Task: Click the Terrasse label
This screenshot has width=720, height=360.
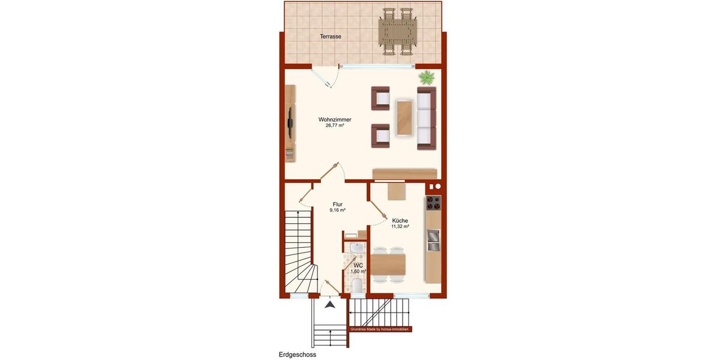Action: (x=331, y=37)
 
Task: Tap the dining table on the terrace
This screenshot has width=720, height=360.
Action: (x=397, y=31)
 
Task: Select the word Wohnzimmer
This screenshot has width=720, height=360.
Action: (x=335, y=119)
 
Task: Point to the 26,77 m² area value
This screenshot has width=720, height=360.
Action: (x=335, y=126)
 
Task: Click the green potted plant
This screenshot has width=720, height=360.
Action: (x=427, y=77)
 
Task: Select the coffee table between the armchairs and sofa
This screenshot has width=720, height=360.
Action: (x=404, y=118)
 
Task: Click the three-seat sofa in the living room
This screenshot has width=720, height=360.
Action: (x=427, y=118)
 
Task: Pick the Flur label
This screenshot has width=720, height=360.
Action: (x=337, y=205)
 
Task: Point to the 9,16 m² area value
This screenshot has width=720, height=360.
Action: (x=337, y=211)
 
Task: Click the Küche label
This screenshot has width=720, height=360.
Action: (x=400, y=221)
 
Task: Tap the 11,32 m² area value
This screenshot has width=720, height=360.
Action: (x=400, y=227)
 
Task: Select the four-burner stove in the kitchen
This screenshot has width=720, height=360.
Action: (x=433, y=203)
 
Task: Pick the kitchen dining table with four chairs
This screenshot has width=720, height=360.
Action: (x=388, y=264)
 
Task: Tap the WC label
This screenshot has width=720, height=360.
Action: (x=358, y=265)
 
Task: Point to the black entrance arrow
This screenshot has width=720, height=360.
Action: (x=330, y=305)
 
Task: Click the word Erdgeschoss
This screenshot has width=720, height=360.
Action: (x=298, y=355)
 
